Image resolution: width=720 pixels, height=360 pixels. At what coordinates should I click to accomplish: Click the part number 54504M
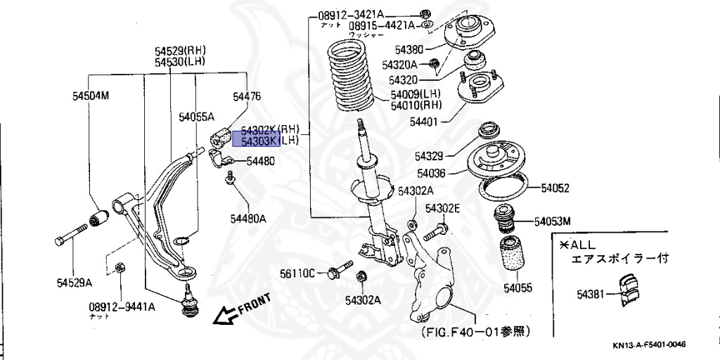pyautogui.click(x=91, y=95)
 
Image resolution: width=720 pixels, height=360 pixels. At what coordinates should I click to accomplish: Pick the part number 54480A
pyautogui.click(x=247, y=218)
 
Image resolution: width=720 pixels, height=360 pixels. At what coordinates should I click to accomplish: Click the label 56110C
pyautogui.click(x=297, y=273)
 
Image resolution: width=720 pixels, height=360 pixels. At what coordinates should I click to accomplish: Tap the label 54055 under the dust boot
pyautogui.click(x=518, y=288)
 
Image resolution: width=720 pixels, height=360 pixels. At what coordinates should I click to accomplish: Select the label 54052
pyautogui.click(x=555, y=188)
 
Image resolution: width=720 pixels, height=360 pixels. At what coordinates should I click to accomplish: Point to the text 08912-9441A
pyautogui.click(x=122, y=307)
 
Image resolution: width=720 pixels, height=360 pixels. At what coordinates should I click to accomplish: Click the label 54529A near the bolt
pyautogui.click(x=75, y=283)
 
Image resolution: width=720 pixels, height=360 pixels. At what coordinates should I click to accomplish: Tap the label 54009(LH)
pyautogui.click(x=416, y=94)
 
